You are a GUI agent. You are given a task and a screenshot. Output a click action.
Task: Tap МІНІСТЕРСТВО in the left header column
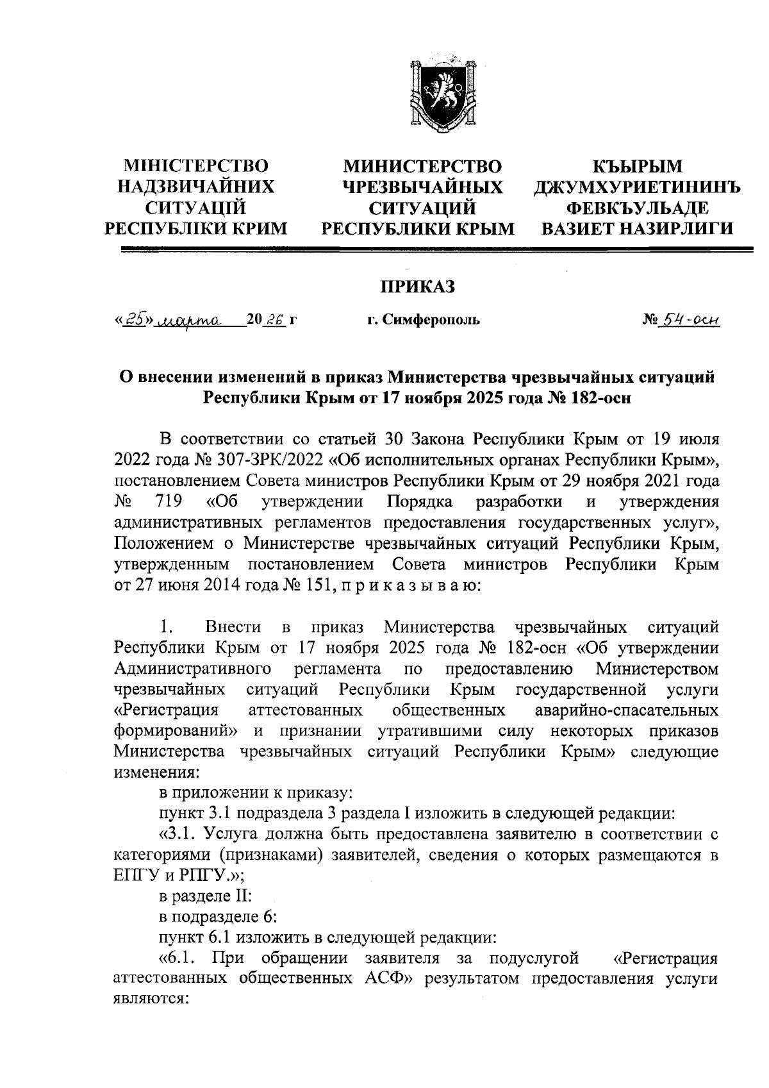point(195,167)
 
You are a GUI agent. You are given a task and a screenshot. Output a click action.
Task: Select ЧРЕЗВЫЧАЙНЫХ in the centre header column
point(422,187)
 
